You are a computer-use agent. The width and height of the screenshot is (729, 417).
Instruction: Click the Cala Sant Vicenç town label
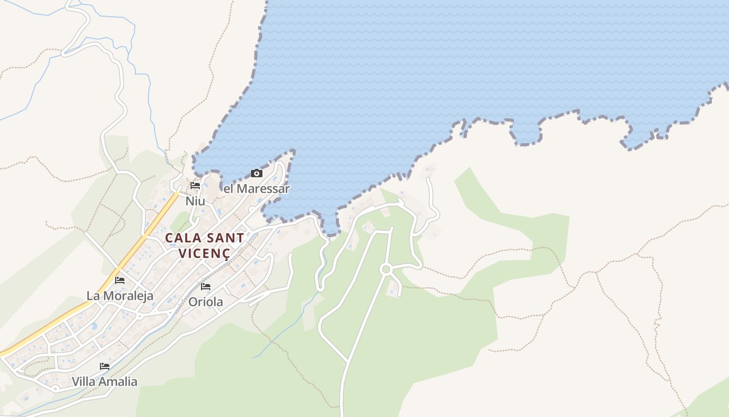coord(204,246)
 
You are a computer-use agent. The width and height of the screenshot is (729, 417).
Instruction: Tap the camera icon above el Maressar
coord(257,174)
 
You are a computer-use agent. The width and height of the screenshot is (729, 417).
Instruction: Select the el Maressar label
coord(256,189)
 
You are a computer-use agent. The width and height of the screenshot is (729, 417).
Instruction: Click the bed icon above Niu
coord(195,186)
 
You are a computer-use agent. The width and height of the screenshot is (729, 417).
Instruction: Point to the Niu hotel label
coord(195,201)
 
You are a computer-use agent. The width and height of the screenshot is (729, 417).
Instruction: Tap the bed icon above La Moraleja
coord(120,280)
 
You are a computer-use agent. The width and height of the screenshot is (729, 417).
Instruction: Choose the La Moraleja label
coord(120,296)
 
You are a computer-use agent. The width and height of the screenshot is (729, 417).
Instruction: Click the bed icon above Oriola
coord(206,287)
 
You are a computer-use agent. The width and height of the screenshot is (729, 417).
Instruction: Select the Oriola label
coord(206,302)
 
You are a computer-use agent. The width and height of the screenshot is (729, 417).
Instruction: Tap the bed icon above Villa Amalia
coord(105,366)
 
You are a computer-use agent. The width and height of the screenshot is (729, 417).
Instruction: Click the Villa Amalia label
coord(105,382)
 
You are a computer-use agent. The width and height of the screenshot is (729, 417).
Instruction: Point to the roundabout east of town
coord(386,269)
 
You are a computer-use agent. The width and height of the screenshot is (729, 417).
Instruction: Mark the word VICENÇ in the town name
coord(204,253)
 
